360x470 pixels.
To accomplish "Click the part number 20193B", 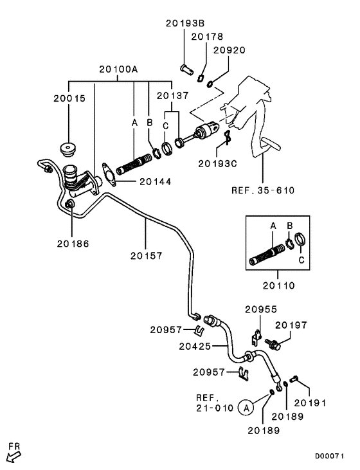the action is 185,23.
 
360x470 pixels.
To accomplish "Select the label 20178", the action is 207,37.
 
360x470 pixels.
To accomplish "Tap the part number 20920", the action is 230,50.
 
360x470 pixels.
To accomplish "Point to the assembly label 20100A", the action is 118,69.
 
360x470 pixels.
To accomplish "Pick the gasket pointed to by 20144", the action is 109,175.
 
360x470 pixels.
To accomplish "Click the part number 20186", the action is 73,244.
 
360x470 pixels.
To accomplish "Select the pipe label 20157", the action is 147,256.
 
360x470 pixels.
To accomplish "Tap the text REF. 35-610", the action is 263,190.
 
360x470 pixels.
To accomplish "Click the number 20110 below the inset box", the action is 279,285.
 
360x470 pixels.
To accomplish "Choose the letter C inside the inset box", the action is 301,260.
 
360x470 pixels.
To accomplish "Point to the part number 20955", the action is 261,309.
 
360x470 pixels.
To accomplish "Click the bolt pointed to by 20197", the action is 273,344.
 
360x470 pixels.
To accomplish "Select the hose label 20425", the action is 195,346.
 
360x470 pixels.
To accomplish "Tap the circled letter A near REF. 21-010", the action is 246,408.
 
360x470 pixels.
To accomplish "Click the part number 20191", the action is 310,403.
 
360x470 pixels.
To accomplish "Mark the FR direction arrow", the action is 14,457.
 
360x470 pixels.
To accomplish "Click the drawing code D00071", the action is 329,456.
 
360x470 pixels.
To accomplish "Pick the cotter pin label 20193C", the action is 218,164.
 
